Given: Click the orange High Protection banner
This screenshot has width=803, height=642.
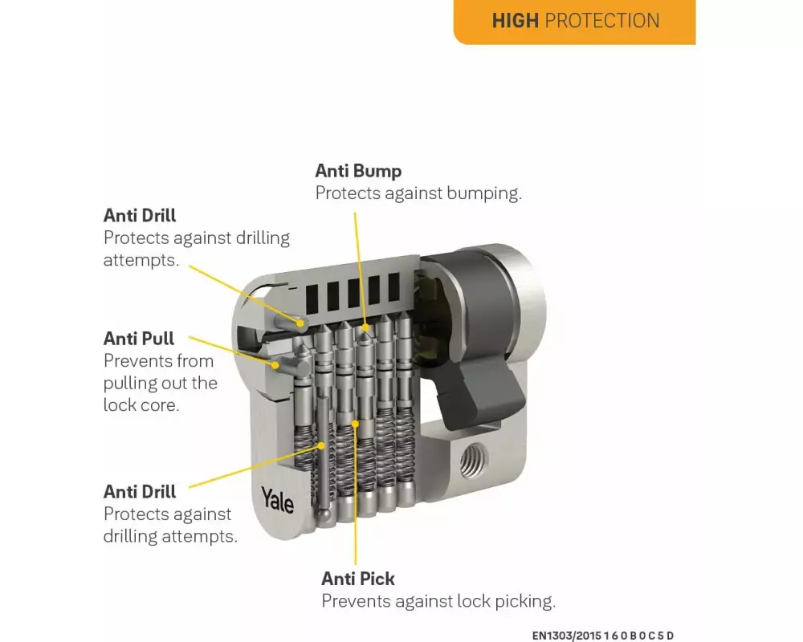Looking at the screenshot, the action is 575,22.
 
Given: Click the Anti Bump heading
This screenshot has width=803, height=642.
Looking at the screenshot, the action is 358,171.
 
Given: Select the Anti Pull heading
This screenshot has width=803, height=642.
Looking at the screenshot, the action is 139,339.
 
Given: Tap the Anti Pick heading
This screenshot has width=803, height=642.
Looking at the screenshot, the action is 358,579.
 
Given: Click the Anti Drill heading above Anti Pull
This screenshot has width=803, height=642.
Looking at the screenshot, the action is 140,216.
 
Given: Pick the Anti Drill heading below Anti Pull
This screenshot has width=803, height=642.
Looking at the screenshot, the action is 140,491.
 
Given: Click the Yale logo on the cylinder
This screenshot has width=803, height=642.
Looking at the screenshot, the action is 277,500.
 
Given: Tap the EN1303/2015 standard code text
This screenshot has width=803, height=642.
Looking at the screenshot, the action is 603,636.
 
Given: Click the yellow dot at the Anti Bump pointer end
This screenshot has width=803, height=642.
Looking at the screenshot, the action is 365,327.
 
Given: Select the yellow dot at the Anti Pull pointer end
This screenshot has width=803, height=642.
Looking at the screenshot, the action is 275,366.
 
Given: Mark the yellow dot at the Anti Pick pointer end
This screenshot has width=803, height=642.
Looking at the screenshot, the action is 356,424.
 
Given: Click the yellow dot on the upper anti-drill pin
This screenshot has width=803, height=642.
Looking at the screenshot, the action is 300,323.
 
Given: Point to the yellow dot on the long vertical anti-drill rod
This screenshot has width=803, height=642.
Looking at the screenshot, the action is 321,445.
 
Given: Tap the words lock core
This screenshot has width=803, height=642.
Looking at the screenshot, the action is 141,405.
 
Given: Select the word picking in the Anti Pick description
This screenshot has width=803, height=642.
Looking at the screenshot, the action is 525,602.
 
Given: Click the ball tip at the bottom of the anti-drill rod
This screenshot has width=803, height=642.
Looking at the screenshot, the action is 324,514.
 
